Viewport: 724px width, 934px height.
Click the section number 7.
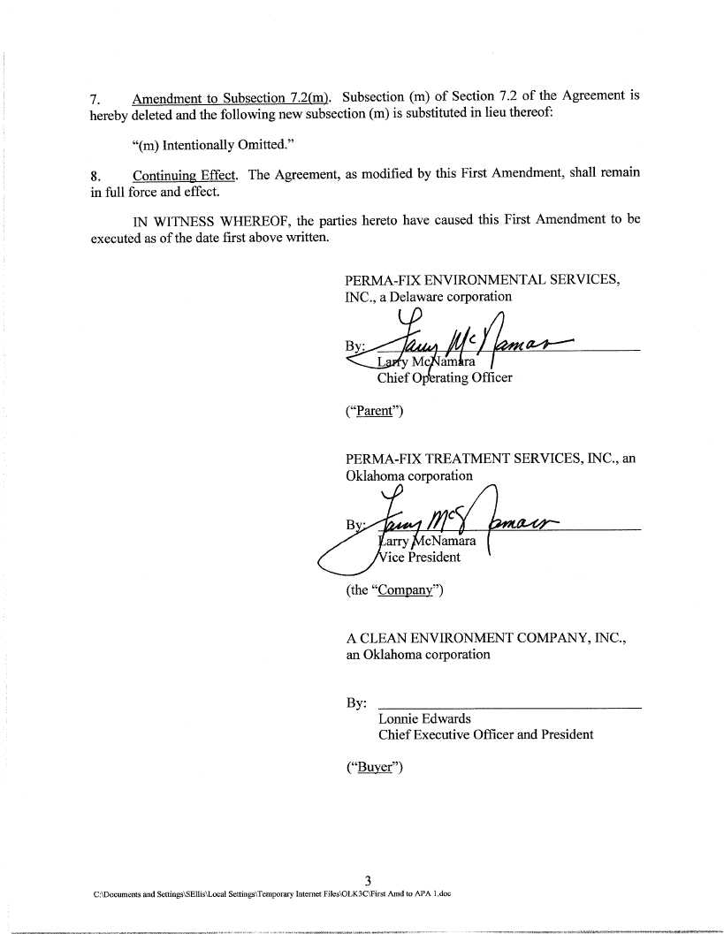95,98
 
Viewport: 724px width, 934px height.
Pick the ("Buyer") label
374,767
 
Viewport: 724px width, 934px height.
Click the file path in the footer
272,894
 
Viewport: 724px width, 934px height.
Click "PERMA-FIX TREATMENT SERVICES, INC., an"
491,459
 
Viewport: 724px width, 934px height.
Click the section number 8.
95,175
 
